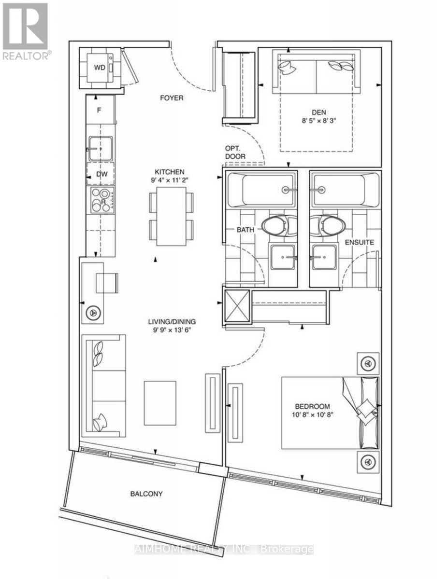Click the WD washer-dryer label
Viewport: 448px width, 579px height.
tap(100, 68)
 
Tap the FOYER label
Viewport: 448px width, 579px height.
tap(172, 98)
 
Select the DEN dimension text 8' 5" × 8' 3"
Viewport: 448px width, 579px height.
tap(318, 121)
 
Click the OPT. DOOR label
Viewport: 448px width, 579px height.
tap(235, 152)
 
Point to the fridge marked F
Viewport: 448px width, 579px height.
tap(101, 110)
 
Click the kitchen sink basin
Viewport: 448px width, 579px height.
tap(101, 149)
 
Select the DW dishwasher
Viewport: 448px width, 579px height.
tap(101, 174)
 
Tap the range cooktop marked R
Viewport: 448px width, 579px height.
tap(102, 200)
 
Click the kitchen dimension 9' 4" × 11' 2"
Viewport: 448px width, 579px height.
tap(170, 180)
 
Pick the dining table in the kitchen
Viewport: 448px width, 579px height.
tap(171, 216)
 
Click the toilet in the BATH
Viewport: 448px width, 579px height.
tap(279, 226)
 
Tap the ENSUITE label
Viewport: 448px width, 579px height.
tap(360, 243)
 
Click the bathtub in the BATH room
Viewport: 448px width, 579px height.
tap(261, 190)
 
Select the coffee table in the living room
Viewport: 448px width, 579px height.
tap(160, 403)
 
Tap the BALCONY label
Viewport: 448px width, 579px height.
tap(146, 494)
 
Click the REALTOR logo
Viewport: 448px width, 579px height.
tap(26, 31)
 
